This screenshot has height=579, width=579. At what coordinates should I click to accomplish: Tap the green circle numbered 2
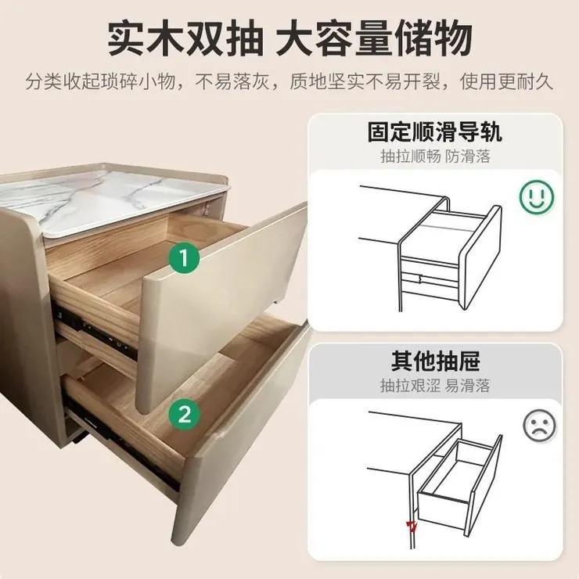[184, 413]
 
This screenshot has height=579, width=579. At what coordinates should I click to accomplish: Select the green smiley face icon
[537, 196]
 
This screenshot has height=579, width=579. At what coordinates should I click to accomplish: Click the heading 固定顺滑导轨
[435, 131]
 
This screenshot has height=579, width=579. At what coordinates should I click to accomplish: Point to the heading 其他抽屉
[435, 361]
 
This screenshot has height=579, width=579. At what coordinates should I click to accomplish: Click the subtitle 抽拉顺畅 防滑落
[435, 156]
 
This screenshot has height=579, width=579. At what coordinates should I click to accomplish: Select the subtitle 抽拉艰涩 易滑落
[435, 386]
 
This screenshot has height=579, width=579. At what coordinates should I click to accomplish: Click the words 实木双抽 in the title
[183, 37]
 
